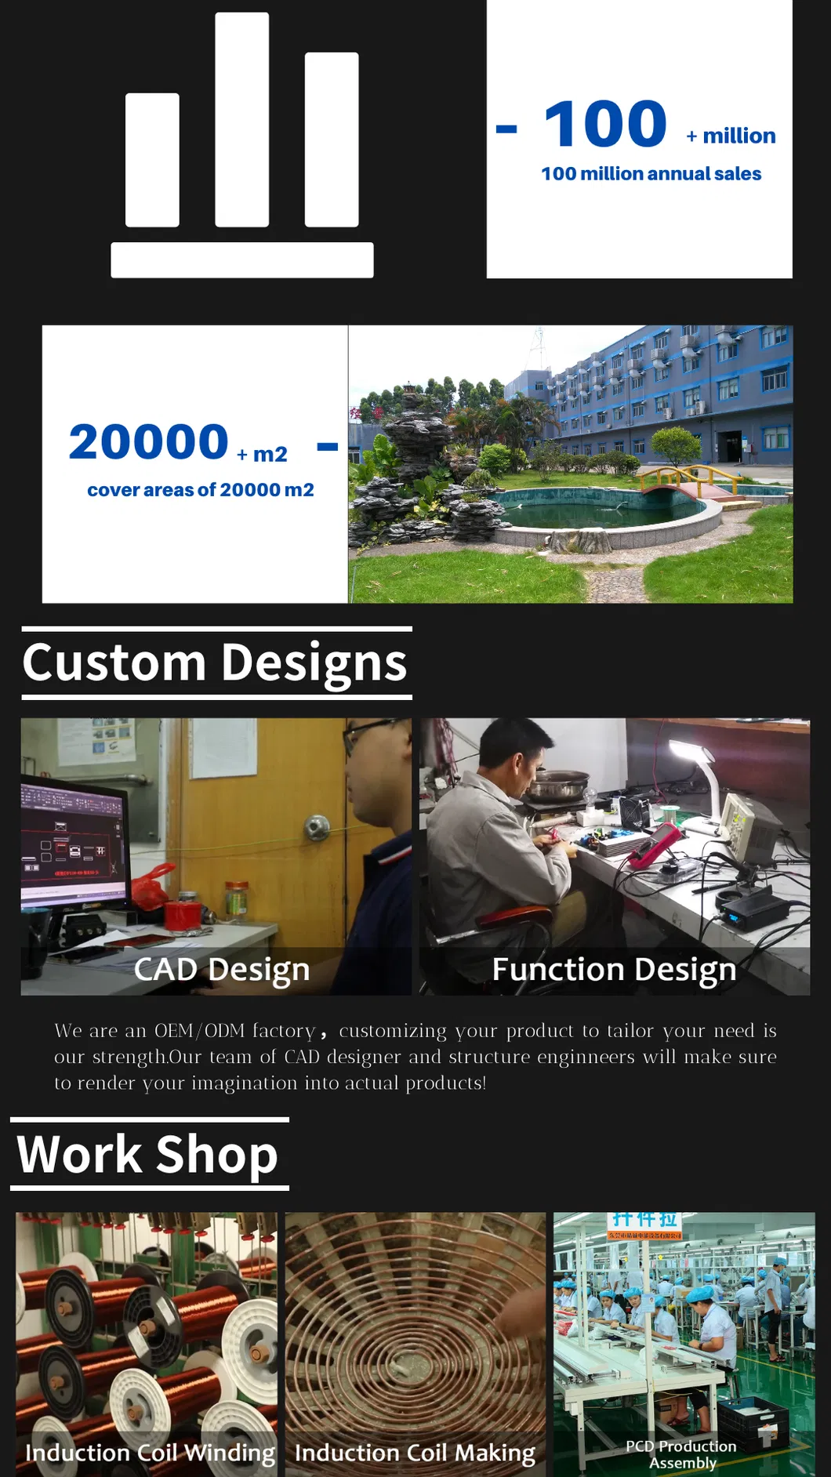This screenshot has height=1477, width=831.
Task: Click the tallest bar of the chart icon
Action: tap(241, 119)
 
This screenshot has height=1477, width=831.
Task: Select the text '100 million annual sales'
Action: tap(651, 174)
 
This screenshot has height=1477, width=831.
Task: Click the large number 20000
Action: tap(149, 442)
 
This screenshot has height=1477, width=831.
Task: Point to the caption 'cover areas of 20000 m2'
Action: tap(200, 490)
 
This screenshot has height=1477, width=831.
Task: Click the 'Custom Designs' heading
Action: tap(215, 662)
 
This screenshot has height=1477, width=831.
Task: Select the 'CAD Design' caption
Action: tap(222, 970)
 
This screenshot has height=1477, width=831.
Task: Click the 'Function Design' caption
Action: tap(614, 970)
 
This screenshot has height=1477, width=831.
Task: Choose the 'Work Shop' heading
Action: tap(147, 1154)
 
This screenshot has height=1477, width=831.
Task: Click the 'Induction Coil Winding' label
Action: tap(150, 1453)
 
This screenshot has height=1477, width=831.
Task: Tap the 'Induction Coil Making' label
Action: tap(415, 1453)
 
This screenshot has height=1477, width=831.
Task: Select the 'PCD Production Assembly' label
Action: tap(682, 1454)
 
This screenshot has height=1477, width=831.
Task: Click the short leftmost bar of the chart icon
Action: tap(152, 160)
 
